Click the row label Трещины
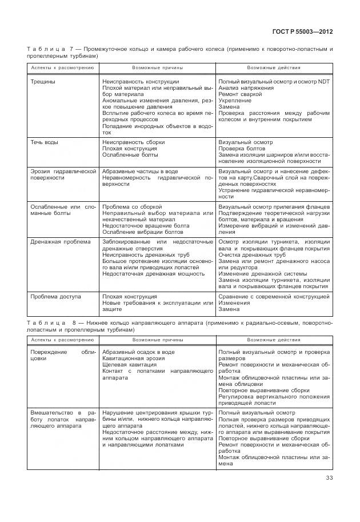click(x=43, y=82)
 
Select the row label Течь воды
click(x=44, y=142)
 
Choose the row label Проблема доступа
click(x=55, y=297)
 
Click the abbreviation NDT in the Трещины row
click(x=325, y=82)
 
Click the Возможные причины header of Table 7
click(x=157, y=67)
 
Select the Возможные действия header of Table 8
click(x=273, y=340)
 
